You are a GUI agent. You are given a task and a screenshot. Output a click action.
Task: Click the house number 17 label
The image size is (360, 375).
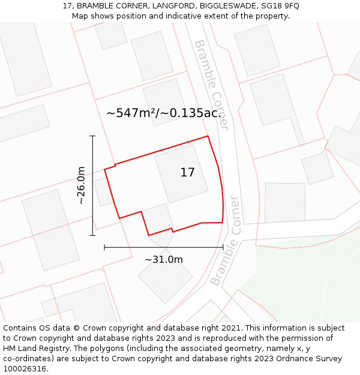click(187, 173)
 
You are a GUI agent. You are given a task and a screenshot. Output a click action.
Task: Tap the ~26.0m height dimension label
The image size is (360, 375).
click(81, 185)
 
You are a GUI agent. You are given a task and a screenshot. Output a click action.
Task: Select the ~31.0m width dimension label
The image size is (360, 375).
click(163, 259)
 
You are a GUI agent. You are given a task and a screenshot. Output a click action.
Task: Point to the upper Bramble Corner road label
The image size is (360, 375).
click(212, 85)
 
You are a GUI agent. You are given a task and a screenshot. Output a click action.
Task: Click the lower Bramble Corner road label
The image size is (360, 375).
click(226, 241)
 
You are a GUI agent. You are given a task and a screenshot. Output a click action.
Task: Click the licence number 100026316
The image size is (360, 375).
click(25, 369)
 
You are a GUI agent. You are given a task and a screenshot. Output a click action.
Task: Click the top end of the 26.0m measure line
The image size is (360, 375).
click(92, 136)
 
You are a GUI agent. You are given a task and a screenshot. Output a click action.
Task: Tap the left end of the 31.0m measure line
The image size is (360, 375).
click(104, 247)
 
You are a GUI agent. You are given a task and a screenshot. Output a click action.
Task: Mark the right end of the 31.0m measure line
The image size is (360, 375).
click(223, 247)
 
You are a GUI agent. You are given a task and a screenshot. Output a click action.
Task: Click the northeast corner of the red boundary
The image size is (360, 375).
click(208, 136)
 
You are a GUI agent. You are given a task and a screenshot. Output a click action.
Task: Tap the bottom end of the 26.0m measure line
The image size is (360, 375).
click(92, 235)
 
